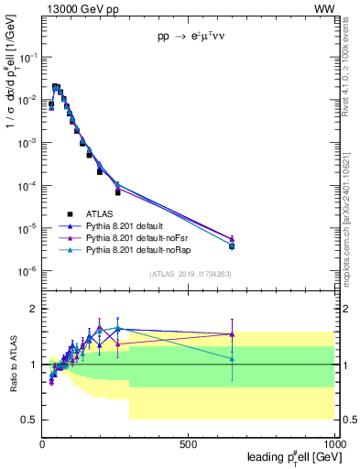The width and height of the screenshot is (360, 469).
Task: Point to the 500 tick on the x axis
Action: click(189, 442)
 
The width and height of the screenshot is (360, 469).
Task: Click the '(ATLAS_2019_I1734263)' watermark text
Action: click(189, 274)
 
